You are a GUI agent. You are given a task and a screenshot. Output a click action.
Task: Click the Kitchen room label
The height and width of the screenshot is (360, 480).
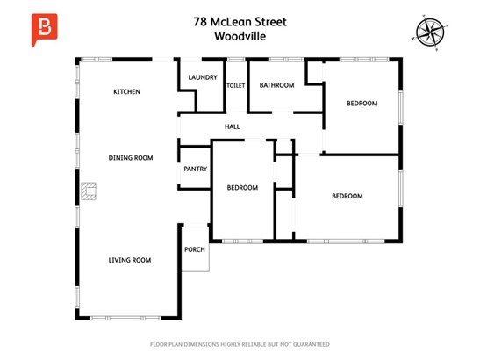click(126, 91)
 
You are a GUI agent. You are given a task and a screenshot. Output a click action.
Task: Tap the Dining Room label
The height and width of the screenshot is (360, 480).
click(131, 158)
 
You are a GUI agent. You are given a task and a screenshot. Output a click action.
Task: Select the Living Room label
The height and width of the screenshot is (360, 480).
click(130, 260)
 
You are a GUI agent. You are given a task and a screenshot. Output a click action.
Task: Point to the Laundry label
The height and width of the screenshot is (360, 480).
click(203, 77)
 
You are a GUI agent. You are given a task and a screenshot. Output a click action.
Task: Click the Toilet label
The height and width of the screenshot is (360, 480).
click(236, 85)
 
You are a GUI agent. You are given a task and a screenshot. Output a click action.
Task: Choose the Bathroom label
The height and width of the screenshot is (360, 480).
click(276, 85)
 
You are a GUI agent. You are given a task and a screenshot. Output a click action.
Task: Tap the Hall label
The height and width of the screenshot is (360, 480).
click(232, 126)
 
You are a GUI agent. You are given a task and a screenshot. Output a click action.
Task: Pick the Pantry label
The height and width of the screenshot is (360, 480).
click(196, 169)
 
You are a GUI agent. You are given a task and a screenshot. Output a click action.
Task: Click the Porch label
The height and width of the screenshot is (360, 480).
click(195, 249)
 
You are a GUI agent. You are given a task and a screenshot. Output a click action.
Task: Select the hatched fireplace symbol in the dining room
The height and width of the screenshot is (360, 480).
click(89, 191)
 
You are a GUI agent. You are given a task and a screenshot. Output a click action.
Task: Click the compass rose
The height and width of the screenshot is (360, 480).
click(430, 32)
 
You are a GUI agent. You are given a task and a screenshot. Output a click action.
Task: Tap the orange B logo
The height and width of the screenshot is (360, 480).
click(44, 30)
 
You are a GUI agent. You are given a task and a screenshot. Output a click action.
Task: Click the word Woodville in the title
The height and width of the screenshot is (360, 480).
click(240, 36)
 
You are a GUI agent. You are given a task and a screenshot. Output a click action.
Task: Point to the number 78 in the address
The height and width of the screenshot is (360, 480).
click(200, 22)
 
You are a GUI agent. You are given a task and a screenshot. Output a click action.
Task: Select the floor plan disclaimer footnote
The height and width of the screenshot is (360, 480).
click(240, 344)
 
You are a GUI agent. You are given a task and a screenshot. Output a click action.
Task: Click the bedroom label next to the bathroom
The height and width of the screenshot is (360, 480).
click(362, 104)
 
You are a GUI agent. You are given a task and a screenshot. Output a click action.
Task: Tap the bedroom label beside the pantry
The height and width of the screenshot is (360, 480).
click(242, 188)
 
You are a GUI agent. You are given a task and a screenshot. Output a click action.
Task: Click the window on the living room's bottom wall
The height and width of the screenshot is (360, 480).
click(125, 319)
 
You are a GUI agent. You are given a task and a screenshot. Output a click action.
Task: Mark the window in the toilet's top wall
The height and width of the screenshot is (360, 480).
click(236, 60)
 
